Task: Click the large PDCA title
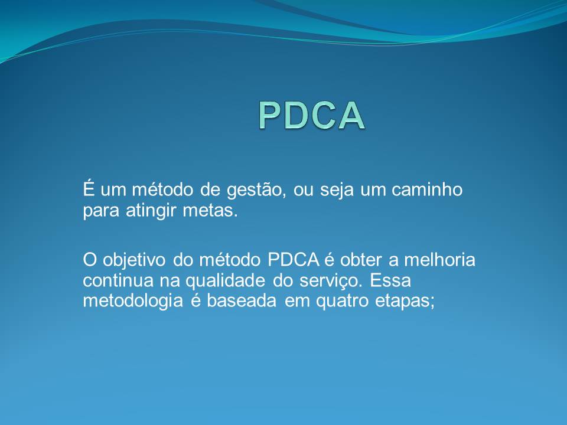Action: coord(312,115)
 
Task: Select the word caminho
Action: coord(427,189)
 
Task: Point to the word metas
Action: coord(210,210)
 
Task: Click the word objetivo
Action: coord(134,260)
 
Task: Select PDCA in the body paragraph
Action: coord(294,260)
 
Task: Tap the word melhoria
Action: coord(439,260)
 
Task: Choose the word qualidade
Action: coord(225,281)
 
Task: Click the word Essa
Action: coord(390,280)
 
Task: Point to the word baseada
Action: coord(242,300)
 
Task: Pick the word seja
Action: coord(337,190)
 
